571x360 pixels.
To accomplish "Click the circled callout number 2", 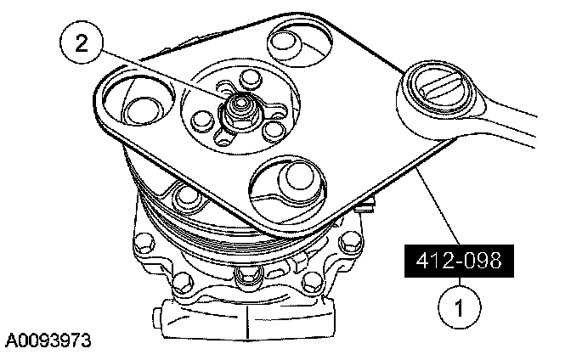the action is coord(81,45).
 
